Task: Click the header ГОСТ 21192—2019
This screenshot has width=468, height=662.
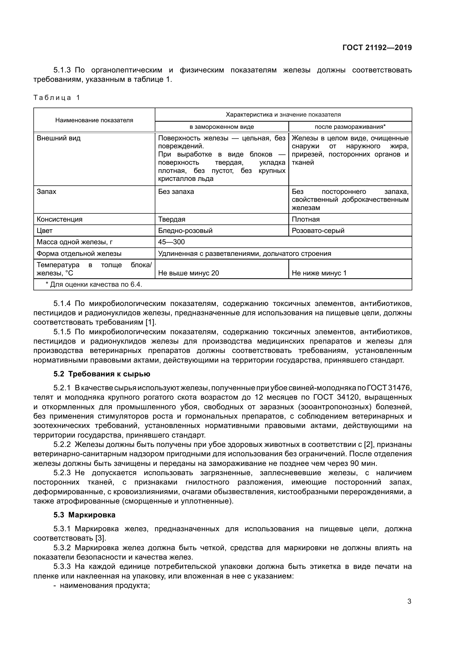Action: click(377, 48)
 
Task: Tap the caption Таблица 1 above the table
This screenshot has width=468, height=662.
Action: click(57, 98)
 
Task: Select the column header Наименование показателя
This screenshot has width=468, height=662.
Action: click(94, 120)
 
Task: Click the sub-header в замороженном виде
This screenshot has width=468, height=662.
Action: click(222, 127)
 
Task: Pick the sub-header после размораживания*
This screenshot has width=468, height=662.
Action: click(350, 127)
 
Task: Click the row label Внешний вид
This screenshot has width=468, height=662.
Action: click(59, 138)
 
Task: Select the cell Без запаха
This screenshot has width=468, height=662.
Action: click(176, 192)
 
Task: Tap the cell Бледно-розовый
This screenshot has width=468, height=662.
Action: click(185, 231)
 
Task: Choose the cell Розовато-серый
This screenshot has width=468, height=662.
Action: click(318, 231)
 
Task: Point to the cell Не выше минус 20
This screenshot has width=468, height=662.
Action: click(188, 273)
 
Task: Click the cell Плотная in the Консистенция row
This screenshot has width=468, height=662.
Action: click(306, 219)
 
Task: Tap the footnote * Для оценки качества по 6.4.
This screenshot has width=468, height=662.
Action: click(94, 284)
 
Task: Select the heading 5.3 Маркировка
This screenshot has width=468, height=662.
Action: click(84, 515)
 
